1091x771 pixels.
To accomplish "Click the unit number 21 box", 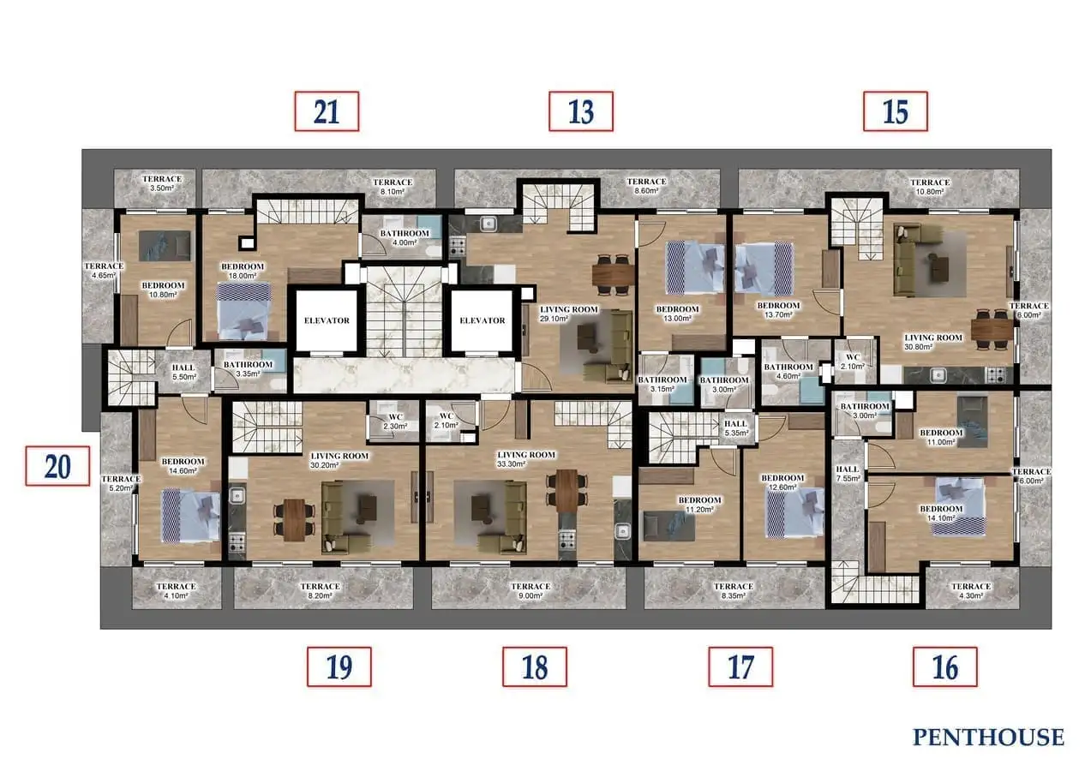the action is click(327, 111).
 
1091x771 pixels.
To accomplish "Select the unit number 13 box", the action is click(580, 111).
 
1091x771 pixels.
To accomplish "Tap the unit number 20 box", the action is click(57, 466).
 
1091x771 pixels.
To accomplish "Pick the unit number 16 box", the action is click(945, 666).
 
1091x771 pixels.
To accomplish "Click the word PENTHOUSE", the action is click(988, 737).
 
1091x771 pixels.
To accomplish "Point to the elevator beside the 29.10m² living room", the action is click(483, 320).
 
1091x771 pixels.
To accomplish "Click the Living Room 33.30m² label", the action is click(526, 459).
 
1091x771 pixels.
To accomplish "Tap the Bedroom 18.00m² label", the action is click(243, 271).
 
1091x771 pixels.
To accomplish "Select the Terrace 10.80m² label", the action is click(930, 187).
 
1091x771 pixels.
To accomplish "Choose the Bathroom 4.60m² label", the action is click(788, 371).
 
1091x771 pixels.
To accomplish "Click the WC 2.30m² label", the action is click(395, 421).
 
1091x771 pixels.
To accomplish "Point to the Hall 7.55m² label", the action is click(848, 473).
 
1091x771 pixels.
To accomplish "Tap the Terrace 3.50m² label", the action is click(162, 183).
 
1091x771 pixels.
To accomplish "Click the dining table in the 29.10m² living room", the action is click(613, 274).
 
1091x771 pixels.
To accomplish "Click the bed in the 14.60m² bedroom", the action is click(190, 516).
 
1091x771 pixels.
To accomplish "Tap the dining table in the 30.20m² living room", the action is click(294, 520).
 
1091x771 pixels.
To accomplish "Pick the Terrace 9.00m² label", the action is click(531, 590).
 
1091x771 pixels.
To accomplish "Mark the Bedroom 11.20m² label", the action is click(699, 505).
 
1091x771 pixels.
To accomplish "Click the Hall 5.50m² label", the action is click(183, 372).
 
